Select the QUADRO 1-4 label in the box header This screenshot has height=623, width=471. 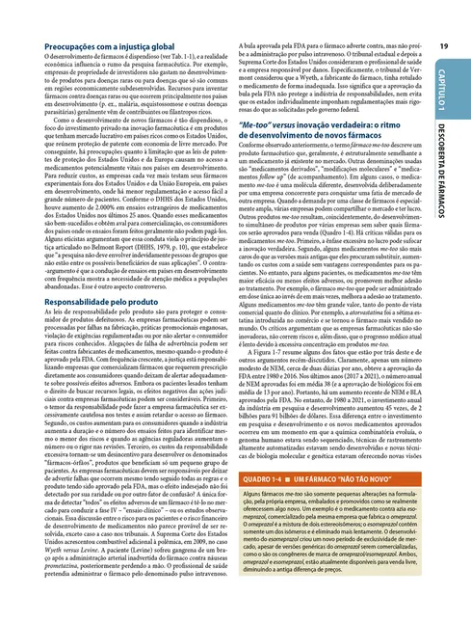pos(260,505)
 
